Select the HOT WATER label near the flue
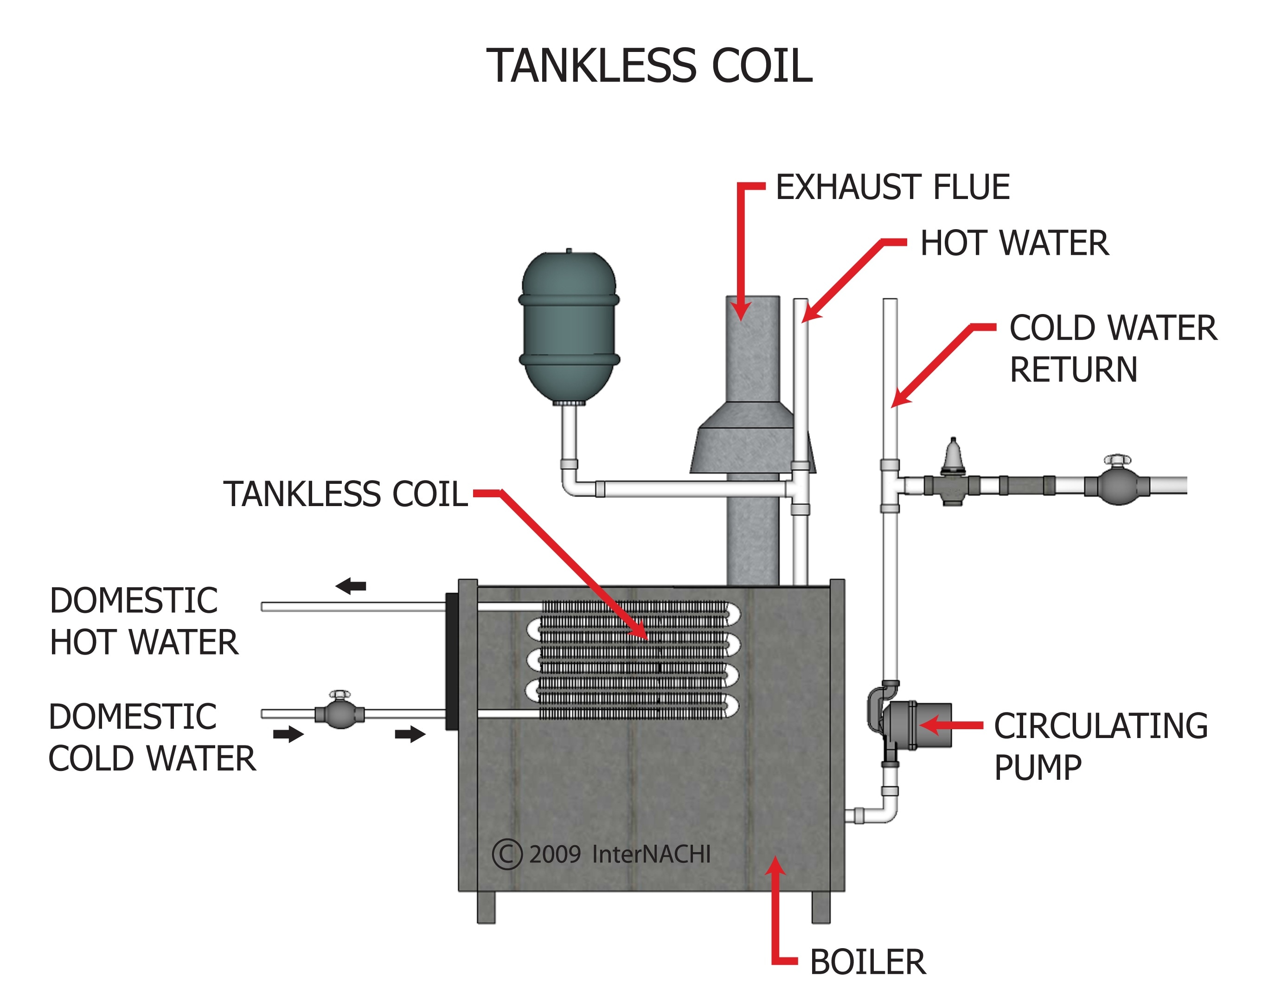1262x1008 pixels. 1014,243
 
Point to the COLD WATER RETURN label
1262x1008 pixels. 1112,348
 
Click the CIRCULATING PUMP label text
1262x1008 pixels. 1101,746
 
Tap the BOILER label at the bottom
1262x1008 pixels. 867,962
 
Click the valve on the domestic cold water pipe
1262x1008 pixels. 340,713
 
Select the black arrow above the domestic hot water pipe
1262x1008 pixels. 351,585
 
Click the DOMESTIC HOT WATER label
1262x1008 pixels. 143,621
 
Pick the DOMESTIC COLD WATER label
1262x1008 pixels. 151,738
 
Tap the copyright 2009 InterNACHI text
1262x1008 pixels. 602,854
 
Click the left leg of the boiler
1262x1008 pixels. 486,907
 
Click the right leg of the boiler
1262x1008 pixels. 820,907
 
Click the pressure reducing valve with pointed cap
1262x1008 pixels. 953,477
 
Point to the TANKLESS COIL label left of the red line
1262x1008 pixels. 346,494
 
